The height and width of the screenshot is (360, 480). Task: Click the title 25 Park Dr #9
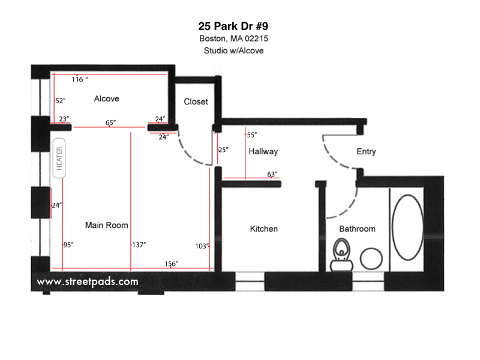coord(233,26)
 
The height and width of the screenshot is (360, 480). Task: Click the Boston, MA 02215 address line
coord(233,39)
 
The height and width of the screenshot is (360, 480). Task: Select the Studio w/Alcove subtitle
coord(233,51)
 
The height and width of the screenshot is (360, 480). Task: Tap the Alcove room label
coord(106,98)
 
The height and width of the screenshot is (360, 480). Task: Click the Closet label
coord(196,101)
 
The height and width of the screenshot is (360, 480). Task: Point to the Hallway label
coord(263,152)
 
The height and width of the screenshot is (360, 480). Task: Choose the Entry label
coord(366,151)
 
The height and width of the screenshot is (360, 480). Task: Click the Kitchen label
coord(263,229)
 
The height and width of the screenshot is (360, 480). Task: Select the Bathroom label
coord(357,229)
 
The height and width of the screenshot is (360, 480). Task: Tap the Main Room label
coord(106,226)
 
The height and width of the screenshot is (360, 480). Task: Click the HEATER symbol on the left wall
coord(59,157)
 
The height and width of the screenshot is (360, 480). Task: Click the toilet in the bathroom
coord(341,254)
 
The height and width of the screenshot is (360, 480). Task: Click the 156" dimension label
coord(171,263)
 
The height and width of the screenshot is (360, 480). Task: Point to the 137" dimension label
coord(139,245)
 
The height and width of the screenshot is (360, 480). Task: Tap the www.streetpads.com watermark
coord(88,281)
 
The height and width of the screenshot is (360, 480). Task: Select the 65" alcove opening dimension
coord(110,122)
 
